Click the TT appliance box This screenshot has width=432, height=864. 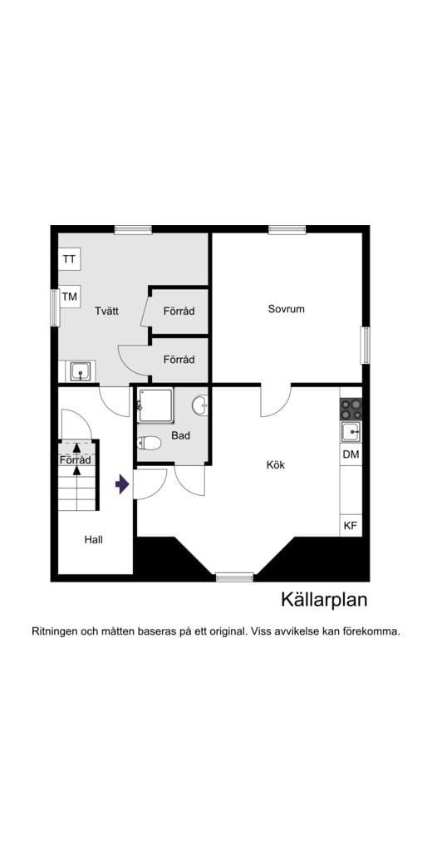pyautogui.click(x=69, y=259)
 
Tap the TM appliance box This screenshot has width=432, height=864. pyautogui.click(x=70, y=297)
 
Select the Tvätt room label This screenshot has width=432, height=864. pyautogui.click(x=106, y=311)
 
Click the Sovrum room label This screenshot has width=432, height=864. pyautogui.click(x=286, y=309)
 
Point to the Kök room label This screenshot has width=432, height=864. pyautogui.click(x=275, y=465)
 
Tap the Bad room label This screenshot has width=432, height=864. pyautogui.click(x=181, y=435)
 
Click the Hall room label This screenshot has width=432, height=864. pyautogui.click(x=93, y=539)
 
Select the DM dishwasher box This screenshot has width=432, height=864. pyautogui.click(x=351, y=454)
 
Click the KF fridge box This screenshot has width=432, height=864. pyautogui.click(x=351, y=525)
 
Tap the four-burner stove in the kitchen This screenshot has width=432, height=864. pyautogui.click(x=351, y=409)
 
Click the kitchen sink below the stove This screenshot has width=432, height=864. pyautogui.click(x=351, y=431)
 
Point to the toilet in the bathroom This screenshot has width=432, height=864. pyautogui.click(x=150, y=443)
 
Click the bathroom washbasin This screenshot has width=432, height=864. pyautogui.click(x=200, y=405)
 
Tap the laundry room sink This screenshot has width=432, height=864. pyautogui.click(x=81, y=371)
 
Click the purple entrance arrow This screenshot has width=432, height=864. pyautogui.click(x=122, y=484)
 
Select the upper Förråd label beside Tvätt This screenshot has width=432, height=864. pyautogui.click(x=179, y=312)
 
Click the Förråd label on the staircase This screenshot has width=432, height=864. pyautogui.click(x=75, y=459)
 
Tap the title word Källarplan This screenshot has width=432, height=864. pyautogui.click(x=323, y=600)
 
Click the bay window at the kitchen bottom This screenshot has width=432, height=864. pyautogui.click(x=234, y=576)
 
